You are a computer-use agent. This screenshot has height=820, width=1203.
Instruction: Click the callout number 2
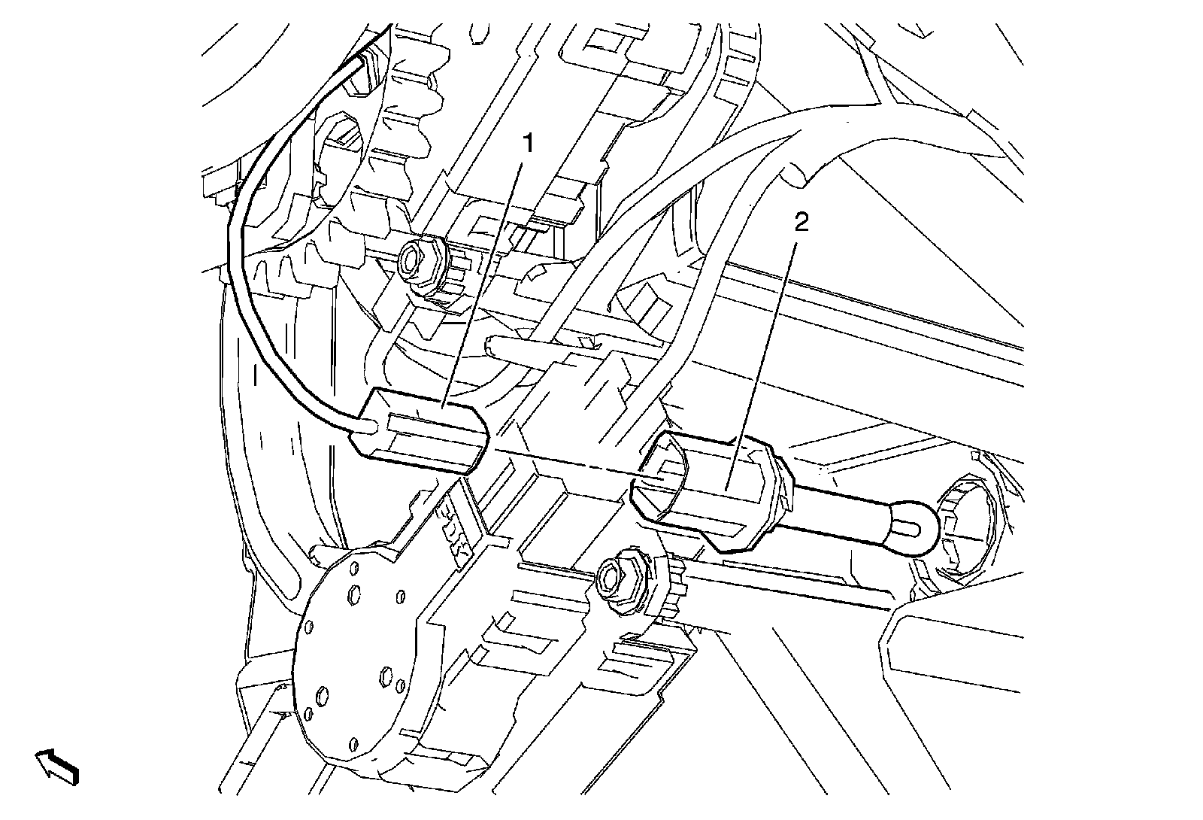[x=801, y=223]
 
